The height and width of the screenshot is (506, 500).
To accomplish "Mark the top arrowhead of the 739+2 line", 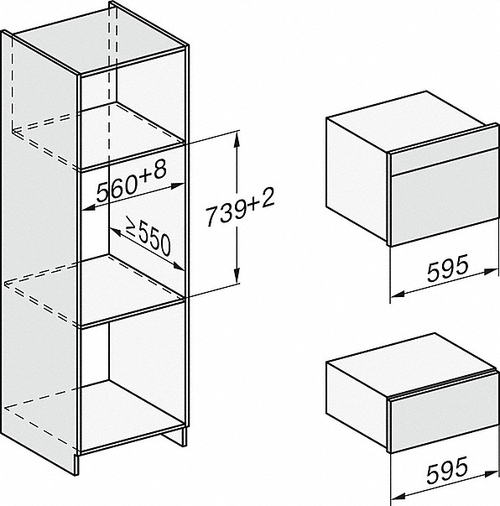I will tap(237, 135).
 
